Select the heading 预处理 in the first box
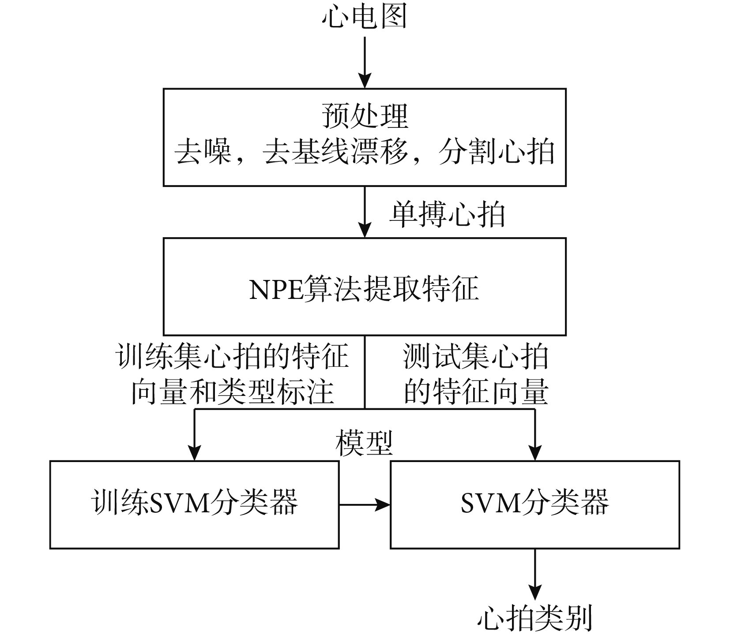point(365,116)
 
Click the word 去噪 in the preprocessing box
point(203,153)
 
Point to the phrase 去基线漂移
point(335,153)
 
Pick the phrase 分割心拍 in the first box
point(497,153)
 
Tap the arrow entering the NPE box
point(365,212)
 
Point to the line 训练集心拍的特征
point(232,356)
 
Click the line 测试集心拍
point(476,356)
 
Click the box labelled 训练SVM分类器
point(194,505)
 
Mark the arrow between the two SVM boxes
point(365,505)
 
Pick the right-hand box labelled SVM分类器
point(535,505)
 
